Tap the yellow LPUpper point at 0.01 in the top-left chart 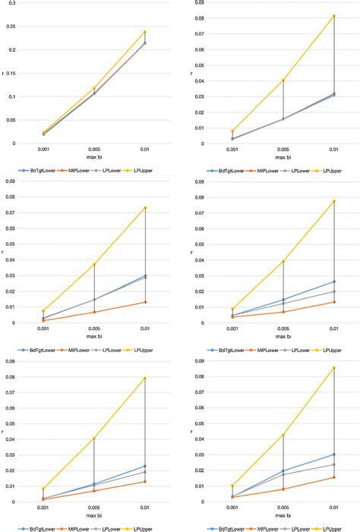tap(144, 32)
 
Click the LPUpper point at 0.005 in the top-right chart tap(283, 80)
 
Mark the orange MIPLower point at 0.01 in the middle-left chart tap(144, 302)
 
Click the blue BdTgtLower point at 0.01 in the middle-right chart tap(333, 282)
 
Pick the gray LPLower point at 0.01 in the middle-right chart tap(333, 291)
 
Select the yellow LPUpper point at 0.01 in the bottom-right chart tap(333, 368)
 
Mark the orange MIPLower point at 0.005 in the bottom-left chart tap(94, 490)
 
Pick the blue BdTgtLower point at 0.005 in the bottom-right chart tap(283, 471)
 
